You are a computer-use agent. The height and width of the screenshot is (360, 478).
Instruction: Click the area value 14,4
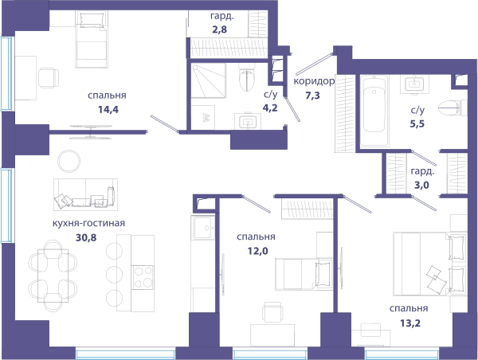[108, 109]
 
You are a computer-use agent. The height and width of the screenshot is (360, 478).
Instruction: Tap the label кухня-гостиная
[88, 223]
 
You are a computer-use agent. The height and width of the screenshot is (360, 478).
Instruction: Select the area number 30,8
[86, 237]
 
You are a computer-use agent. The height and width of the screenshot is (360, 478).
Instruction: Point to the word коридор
[314, 81]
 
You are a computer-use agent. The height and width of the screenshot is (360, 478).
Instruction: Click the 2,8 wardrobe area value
[220, 30]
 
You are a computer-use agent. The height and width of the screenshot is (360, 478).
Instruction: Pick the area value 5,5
[417, 123]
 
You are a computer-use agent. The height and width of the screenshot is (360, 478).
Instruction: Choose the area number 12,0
[258, 251]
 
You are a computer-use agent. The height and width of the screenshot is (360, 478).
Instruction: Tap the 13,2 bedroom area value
[410, 323]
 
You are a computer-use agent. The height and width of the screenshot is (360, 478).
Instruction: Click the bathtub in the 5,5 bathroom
[374, 111]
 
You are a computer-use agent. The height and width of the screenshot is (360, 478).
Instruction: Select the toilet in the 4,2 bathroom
[247, 77]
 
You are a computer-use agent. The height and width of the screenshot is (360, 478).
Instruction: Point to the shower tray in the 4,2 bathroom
[209, 80]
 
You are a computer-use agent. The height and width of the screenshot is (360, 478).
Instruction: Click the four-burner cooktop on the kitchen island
[143, 278]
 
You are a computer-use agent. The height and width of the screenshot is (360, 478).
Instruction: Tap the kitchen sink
[203, 228]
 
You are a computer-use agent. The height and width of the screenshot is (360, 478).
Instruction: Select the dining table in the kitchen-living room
[53, 276]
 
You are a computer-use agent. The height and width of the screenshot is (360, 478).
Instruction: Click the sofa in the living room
[86, 194]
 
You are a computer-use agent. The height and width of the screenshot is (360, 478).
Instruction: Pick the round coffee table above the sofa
[69, 161]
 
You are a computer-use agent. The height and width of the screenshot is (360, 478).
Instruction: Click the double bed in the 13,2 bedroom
[430, 264]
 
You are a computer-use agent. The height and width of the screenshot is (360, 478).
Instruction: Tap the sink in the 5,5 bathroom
[413, 84]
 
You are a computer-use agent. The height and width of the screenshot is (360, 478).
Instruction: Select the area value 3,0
[422, 185]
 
